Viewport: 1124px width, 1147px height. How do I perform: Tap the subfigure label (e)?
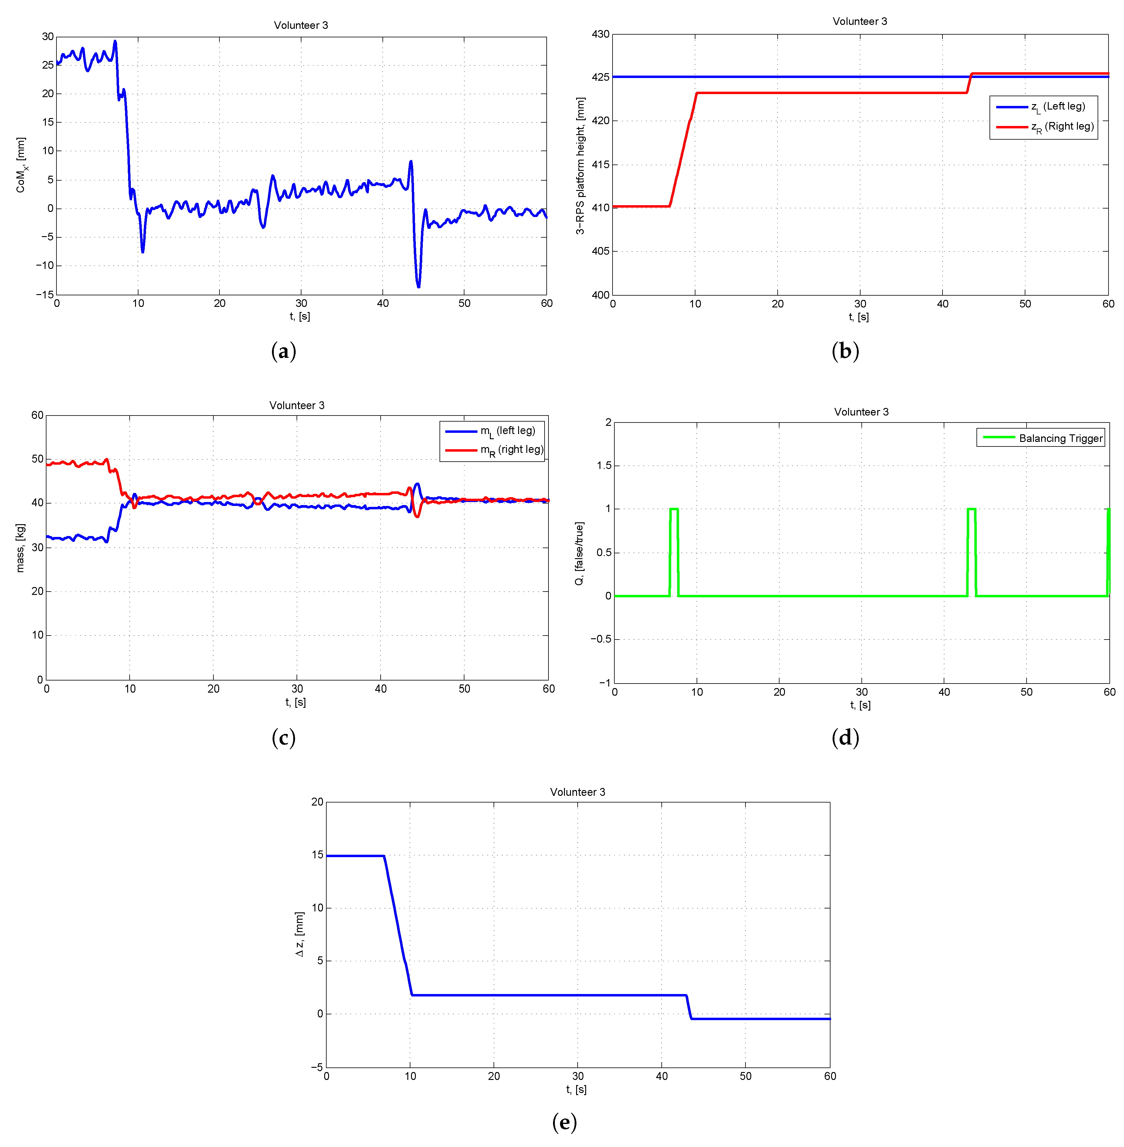pyautogui.click(x=564, y=1122)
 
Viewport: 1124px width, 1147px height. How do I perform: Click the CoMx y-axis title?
pyautogui.click(x=21, y=165)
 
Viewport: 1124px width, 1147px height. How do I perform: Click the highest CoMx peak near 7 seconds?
pyautogui.click(x=115, y=41)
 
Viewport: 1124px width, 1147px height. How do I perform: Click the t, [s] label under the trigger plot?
pyautogui.click(x=860, y=705)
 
